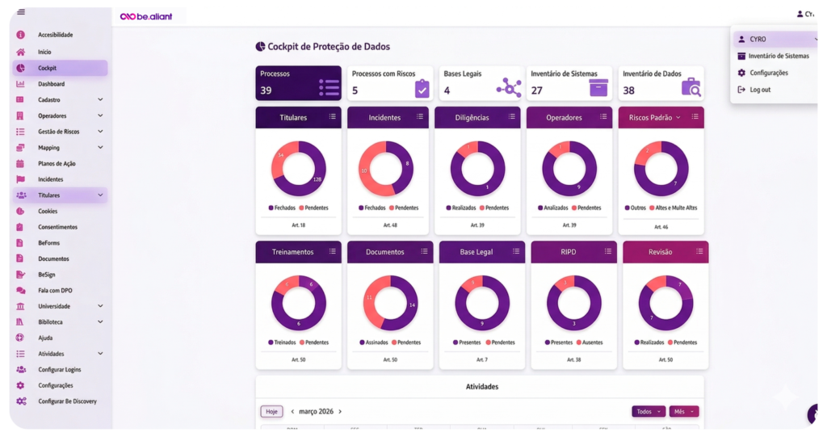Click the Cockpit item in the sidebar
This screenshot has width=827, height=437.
coord(47,68)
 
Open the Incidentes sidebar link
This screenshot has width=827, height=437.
coord(50,179)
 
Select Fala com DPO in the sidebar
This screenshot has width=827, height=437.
coord(55,290)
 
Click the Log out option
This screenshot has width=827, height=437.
coord(760,90)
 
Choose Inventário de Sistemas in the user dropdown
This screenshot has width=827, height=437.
coord(778,56)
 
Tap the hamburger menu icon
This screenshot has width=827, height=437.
coord(20,12)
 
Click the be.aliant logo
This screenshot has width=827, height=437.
coord(146,16)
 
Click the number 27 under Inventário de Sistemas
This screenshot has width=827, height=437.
coord(537,90)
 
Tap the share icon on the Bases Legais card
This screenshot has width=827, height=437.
coord(508,87)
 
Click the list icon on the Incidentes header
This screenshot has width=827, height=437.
coord(419,117)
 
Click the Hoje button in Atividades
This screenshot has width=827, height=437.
coord(271,411)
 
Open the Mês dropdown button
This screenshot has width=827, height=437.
coord(683,411)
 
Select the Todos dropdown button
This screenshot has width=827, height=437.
coord(649,411)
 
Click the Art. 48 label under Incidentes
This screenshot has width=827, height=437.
coord(390,225)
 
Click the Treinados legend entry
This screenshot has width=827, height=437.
coord(282,342)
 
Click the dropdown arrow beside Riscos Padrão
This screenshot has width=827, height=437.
coord(678,117)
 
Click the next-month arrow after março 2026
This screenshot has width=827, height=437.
coord(340,411)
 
